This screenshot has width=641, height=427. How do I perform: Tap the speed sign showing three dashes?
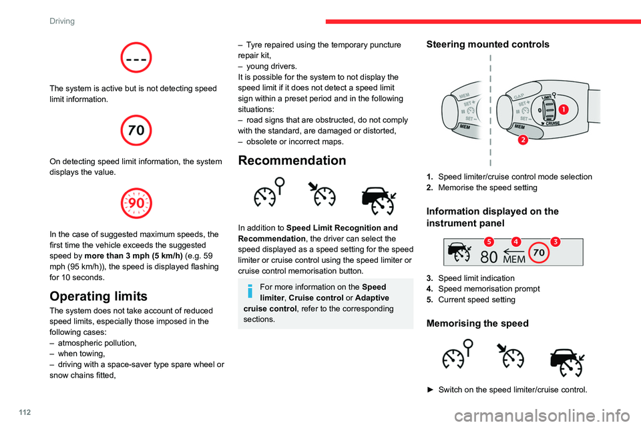(x=137, y=57)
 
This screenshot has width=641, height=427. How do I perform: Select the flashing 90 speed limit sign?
(x=137, y=203)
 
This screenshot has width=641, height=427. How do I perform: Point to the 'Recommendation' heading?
(x=292, y=161)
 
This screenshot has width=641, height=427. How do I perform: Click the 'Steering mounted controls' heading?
(x=487, y=45)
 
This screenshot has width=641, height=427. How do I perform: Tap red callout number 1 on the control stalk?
(x=564, y=109)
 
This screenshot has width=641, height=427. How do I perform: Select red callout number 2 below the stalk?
(x=522, y=139)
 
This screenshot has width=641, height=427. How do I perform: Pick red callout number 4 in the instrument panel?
(x=517, y=240)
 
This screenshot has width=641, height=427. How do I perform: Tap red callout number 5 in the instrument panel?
(x=489, y=240)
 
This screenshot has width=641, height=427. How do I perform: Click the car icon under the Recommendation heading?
(x=378, y=198)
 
